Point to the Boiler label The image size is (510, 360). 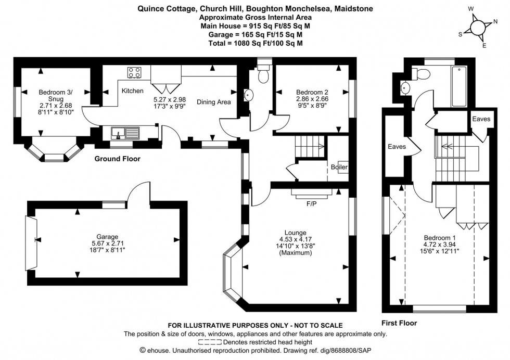pyautogui.click(x=339, y=167)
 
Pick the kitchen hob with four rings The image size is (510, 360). pyautogui.click(x=134, y=73)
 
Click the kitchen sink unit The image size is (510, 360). pyautogui.click(x=125, y=134)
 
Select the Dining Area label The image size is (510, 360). pyautogui.click(x=213, y=102)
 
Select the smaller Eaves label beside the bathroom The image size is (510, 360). pyautogui.click(x=481, y=119)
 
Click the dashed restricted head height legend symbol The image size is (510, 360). pyautogui.click(x=210, y=342)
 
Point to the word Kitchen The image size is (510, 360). pyautogui.click(x=133, y=91)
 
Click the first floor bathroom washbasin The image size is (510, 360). pyautogui.click(x=406, y=87)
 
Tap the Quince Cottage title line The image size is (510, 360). pyautogui.click(x=255, y=9)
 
